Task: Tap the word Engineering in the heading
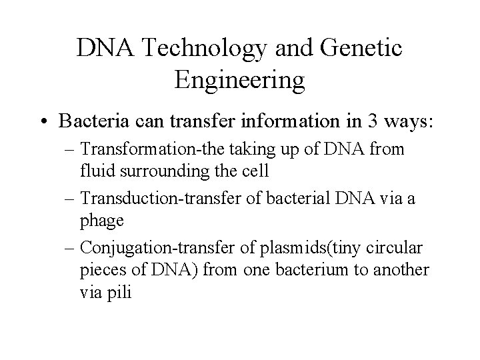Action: point(239,80)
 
